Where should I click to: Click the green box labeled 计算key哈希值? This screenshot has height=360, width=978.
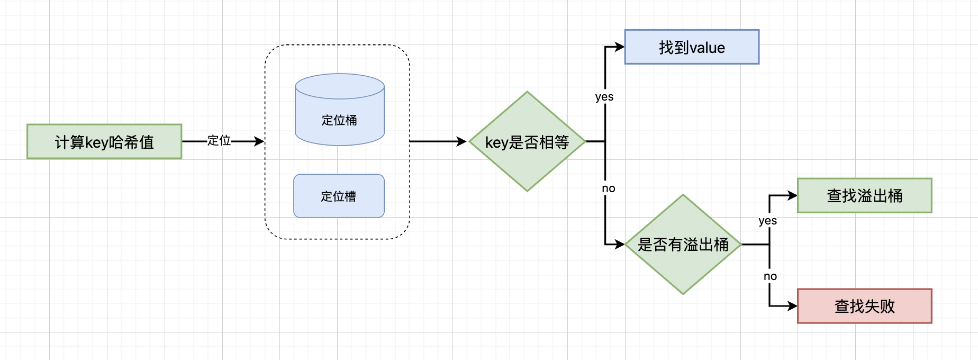(104, 141)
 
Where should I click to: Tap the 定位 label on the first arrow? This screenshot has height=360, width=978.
(219, 141)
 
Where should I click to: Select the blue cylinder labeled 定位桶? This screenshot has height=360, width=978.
(340, 120)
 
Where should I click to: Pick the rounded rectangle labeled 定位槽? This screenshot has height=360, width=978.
(339, 196)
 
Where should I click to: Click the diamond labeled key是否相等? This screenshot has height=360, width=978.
(527, 141)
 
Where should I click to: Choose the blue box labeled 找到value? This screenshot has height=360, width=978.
(692, 47)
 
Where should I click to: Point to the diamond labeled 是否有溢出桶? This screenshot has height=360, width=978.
(683, 244)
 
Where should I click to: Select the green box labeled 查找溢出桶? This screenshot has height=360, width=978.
(864, 195)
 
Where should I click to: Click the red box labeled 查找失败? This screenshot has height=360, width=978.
(864, 306)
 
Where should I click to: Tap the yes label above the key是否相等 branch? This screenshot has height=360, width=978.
(604, 97)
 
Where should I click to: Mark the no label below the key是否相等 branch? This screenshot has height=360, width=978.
(609, 188)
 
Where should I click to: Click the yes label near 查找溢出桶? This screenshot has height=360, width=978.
(768, 221)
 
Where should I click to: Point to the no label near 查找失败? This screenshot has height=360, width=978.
(770, 276)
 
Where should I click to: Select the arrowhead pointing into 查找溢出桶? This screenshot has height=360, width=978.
(792, 195)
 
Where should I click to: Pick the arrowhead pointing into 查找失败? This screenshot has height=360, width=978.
(792, 306)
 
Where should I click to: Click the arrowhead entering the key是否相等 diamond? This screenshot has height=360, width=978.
(461, 141)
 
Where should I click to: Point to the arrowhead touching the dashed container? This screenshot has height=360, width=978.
(259, 141)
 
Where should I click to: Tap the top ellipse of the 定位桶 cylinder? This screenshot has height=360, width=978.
(340, 86)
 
